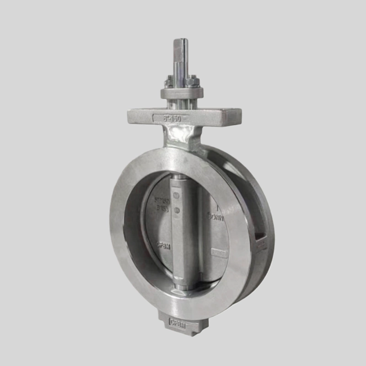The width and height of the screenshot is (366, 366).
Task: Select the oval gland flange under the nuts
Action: coord(182,93)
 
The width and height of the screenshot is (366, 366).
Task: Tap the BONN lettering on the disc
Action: coord(217,217)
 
